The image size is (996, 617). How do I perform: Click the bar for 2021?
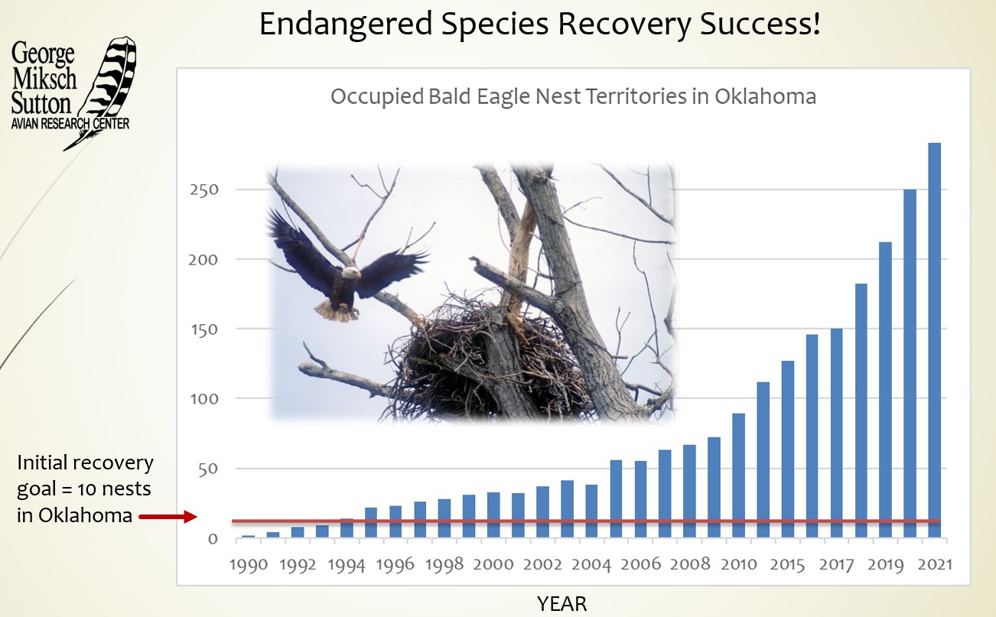click(x=934, y=340)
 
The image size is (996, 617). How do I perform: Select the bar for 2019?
click(x=885, y=390)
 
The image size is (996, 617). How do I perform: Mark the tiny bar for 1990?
click(x=249, y=536)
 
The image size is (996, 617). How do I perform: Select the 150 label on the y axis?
click(x=203, y=330)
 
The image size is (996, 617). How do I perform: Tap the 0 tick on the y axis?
click(x=212, y=539)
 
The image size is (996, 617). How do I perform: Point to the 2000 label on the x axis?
click(x=493, y=564)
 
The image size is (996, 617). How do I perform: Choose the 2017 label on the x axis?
click(x=836, y=564)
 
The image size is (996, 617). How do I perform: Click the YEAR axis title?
click(x=561, y=604)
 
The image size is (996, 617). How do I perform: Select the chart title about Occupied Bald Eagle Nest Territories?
click(x=573, y=97)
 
